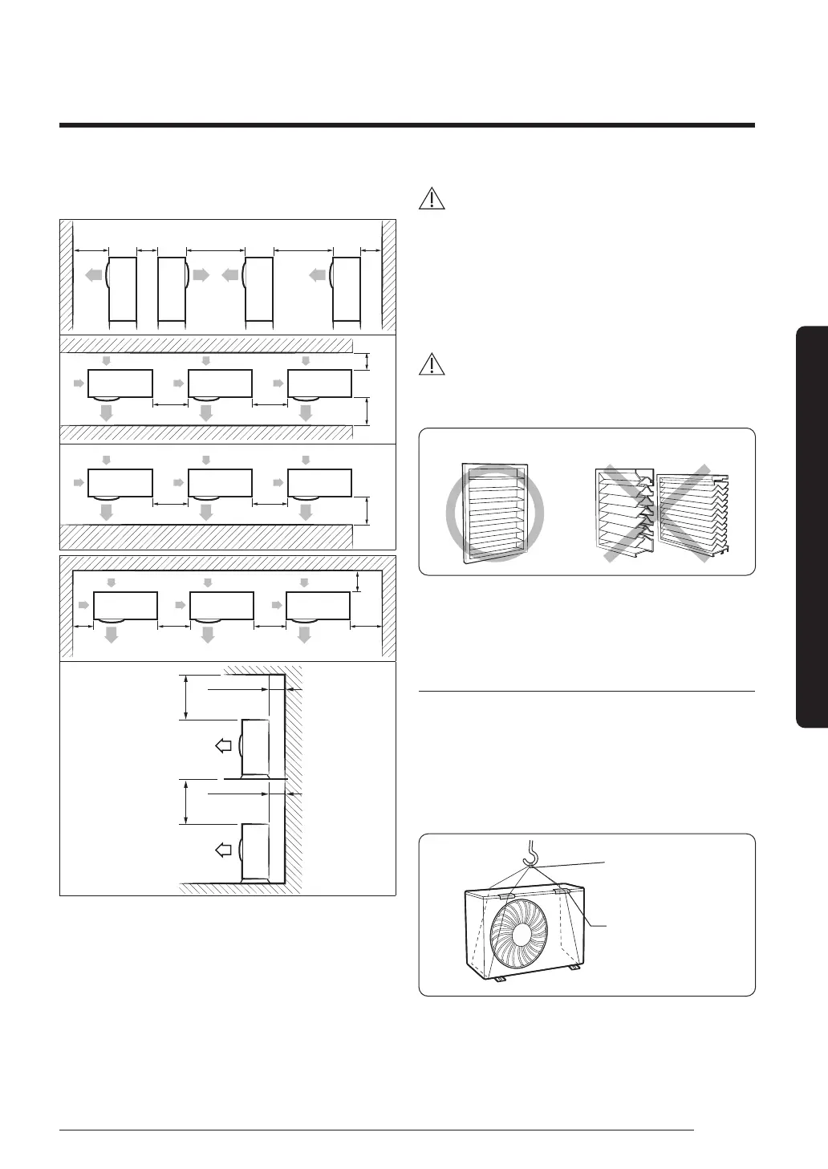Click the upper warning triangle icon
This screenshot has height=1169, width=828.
(x=432, y=198)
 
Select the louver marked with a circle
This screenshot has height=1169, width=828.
(x=494, y=512)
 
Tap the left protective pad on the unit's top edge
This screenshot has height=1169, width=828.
(x=506, y=892)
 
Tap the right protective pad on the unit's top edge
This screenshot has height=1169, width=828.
(x=560, y=890)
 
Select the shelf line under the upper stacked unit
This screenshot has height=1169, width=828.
(x=255, y=779)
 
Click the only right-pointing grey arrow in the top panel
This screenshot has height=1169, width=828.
(x=201, y=274)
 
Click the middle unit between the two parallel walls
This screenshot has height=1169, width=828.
(x=219, y=383)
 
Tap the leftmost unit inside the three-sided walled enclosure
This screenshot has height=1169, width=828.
(x=125, y=606)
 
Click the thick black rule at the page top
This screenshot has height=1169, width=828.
(x=408, y=125)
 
